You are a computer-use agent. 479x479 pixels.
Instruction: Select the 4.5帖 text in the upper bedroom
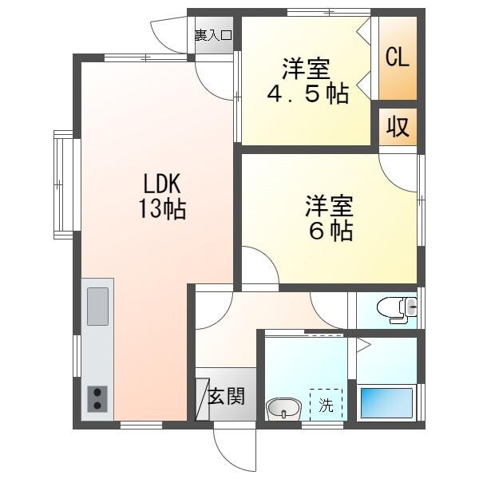[x=307, y=93]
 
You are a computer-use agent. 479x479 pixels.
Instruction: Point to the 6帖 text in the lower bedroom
[x=329, y=231]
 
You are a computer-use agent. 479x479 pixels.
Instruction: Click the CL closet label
[x=398, y=57]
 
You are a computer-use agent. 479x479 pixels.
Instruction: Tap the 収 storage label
[x=398, y=127]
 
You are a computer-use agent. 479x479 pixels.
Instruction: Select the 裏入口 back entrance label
[x=214, y=34]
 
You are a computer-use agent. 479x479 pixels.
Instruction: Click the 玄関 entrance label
[x=226, y=396]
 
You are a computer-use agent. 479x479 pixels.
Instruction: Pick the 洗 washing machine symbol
[x=326, y=404]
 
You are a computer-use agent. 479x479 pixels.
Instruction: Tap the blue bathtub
[x=386, y=402]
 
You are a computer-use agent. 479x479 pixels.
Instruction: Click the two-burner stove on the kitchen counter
[x=97, y=398]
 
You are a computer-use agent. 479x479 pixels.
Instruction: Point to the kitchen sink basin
[x=97, y=307]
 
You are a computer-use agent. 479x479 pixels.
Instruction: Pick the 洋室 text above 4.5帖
[x=307, y=66]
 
